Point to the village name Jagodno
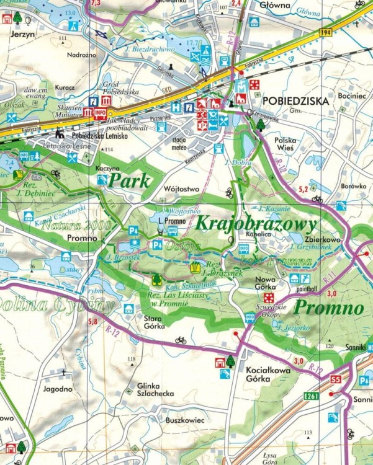tap(58, 389)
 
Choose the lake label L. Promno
tap(169, 220)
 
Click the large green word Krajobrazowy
tap(256, 223)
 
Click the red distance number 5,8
tap(93, 321)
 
